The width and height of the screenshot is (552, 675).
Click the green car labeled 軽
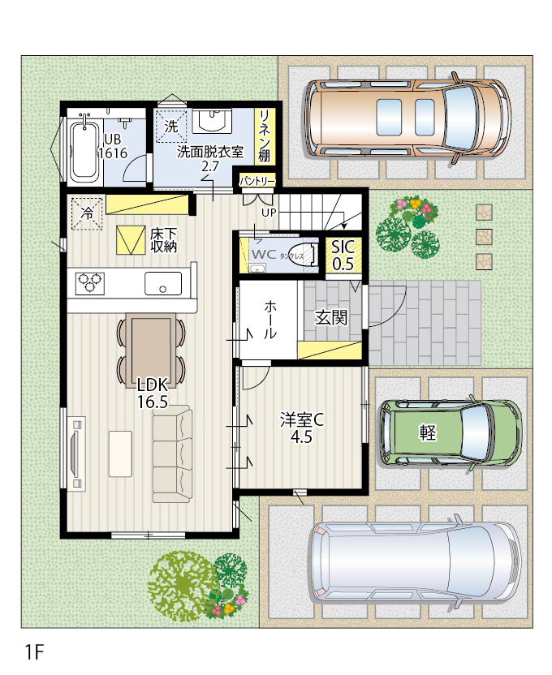451,432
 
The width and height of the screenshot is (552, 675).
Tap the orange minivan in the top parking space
408,118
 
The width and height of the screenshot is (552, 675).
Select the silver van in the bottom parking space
416,561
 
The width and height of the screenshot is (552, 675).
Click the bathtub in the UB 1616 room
84,150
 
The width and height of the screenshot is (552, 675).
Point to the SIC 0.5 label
343,255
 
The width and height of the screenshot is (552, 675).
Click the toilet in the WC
303,255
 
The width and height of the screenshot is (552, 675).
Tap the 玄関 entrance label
330,318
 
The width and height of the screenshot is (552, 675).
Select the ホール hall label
270,320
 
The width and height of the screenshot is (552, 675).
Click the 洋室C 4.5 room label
301,428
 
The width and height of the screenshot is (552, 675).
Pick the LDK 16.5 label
152,393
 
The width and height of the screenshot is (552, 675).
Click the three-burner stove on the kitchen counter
90,284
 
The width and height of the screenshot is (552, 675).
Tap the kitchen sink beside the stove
162,283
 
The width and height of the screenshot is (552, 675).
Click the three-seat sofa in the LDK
172,454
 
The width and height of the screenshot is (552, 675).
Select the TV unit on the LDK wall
76,454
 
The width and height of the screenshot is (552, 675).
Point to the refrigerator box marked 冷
87,213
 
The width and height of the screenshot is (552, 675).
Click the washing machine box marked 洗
171,126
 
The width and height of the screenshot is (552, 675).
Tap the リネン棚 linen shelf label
264,135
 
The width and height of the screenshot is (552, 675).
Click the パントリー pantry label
257,181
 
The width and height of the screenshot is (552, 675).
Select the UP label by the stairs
269,213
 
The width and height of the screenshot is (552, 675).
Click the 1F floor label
34,652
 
